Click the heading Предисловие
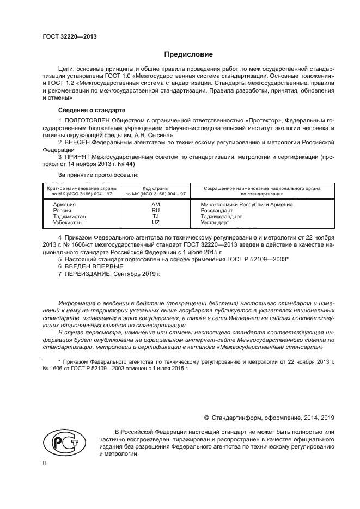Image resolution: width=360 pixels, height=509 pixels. click(x=188, y=54)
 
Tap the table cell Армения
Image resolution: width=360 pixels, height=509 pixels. click(x=64, y=205)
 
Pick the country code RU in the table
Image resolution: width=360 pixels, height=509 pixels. click(x=156, y=211)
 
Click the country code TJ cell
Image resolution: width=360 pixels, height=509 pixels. click(x=156, y=217)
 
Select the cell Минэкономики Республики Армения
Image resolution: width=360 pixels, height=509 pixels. click(x=243, y=205)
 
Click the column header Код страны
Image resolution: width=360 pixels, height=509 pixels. click(x=156, y=188)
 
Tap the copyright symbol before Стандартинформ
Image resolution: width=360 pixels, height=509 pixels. click(x=206, y=418)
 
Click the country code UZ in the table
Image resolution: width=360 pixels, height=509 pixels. click(x=156, y=223)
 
